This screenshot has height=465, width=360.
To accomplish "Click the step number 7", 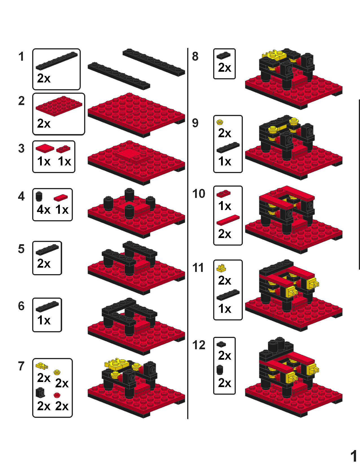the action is tap(21, 366).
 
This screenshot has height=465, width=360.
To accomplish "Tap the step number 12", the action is tap(198, 345).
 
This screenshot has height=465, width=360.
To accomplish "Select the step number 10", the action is tap(198, 194).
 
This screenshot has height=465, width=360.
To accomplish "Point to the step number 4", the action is tap(21, 196).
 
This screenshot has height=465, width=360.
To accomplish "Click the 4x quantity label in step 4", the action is tap(44, 209).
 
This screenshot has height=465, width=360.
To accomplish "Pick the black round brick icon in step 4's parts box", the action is tap(39, 197).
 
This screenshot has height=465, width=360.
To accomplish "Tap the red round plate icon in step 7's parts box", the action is tap(57, 395).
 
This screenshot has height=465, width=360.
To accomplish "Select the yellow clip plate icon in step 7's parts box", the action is tap(42, 366).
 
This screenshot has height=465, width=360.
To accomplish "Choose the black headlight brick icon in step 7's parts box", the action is tap(40, 392).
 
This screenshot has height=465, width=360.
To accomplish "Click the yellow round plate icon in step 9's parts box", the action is tap(220, 122).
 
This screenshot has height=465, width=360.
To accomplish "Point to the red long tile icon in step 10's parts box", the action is tap(228, 220).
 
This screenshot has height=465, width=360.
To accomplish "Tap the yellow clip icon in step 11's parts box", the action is tap(221, 268).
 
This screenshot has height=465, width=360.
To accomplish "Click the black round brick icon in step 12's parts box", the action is tap(220, 370).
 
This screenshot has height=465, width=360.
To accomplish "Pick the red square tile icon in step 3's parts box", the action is tap(45, 148).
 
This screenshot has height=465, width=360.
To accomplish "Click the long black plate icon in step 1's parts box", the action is tap(57, 61).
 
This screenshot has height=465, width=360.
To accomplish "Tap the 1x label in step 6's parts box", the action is tap(44, 320).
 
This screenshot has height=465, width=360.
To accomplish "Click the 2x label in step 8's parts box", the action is tap(224, 68).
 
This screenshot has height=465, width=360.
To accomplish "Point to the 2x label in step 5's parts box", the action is tap(44, 263).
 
